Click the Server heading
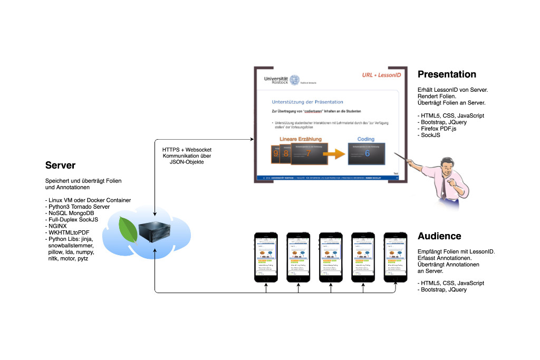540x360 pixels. pos(60,166)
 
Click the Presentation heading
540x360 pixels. pos(447,74)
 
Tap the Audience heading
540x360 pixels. pos(439,236)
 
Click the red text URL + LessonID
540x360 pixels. pos(381,75)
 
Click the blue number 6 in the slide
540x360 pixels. pos(367,153)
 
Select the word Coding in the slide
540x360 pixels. pos(365,139)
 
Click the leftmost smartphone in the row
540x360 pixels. pos(266,257)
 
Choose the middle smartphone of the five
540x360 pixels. pos(330,257)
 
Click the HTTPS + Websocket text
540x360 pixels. pos(187,150)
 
